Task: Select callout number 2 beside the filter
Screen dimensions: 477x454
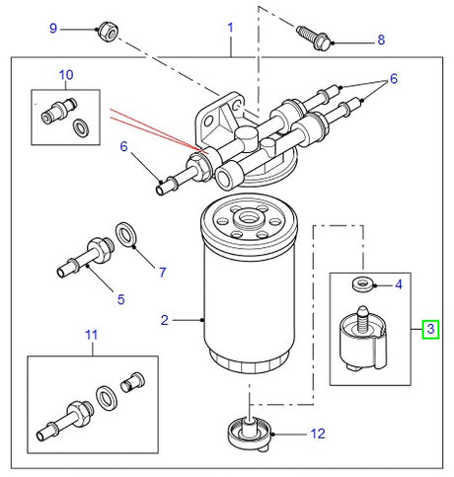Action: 166,319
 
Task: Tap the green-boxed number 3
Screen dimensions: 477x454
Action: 430,328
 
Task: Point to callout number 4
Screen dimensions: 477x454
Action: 398,284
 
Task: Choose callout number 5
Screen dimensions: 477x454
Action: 120,299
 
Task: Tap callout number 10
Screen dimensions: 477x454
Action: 66,75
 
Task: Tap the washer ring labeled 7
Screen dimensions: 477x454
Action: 127,234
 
